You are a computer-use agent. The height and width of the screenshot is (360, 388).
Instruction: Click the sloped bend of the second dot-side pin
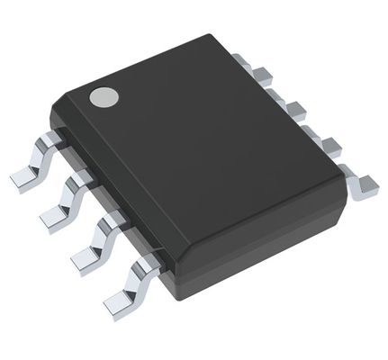point(72,190)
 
